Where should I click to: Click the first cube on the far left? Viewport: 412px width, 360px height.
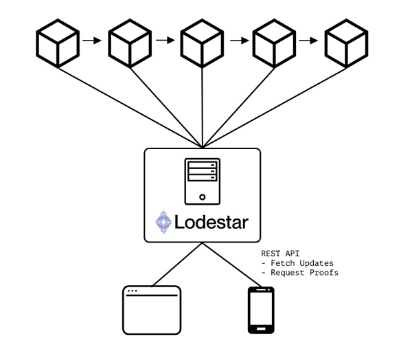pyautogui.click(x=58, y=43)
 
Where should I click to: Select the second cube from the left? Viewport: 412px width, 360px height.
pyautogui.click(x=130, y=43)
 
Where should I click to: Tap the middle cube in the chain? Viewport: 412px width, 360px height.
pyautogui.click(x=202, y=43)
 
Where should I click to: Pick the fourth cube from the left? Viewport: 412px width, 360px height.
pyautogui.click(x=274, y=43)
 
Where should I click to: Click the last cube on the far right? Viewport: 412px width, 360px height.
pyautogui.click(x=346, y=43)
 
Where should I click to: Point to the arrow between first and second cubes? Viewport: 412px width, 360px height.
pyautogui.click(x=92, y=41)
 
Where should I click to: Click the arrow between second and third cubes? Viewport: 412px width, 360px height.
pyautogui.click(x=165, y=41)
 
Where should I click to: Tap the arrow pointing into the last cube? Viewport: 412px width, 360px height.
pyautogui.click(x=309, y=41)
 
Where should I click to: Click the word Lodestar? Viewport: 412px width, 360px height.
pyautogui.click(x=211, y=222)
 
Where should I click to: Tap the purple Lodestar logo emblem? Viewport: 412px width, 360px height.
pyautogui.click(x=163, y=222)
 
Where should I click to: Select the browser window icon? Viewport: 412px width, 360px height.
pyautogui.click(x=152, y=310)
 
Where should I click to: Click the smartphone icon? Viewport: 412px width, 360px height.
pyautogui.click(x=261, y=310)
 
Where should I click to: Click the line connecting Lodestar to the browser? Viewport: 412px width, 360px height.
pyautogui.click(x=177, y=265)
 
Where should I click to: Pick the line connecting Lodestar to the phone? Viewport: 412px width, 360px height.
pyautogui.click(x=232, y=265)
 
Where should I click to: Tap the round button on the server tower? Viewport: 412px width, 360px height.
pyautogui.click(x=203, y=197)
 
